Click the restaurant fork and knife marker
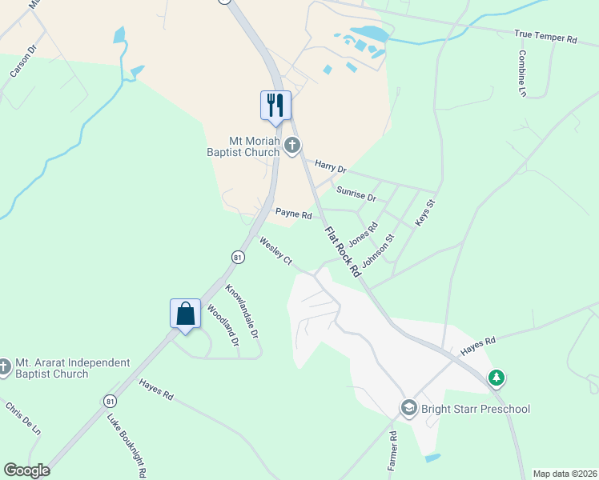point(275,105)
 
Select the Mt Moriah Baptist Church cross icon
point(292,145)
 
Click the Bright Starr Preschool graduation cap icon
point(409,409)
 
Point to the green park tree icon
point(496,377)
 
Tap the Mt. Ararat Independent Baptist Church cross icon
point(5,368)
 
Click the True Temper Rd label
point(545,37)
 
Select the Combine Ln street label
point(522,74)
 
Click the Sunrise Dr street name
point(356,193)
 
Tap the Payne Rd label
point(293,214)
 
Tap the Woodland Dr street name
point(223,325)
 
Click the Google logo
point(26,470)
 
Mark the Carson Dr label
point(24,61)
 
